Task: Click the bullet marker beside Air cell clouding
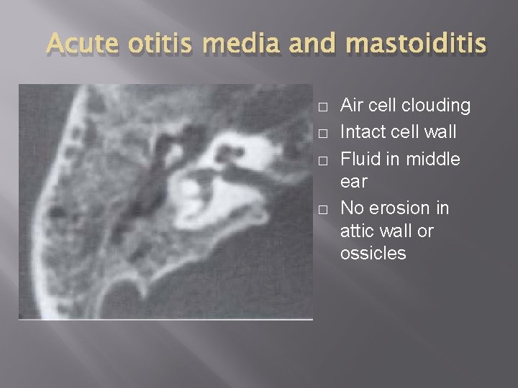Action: [x=324, y=107]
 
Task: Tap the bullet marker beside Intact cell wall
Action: [x=324, y=132]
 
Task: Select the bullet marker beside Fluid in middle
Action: [x=324, y=158]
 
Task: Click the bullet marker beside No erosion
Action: [x=324, y=209]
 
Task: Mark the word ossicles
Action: [x=373, y=254]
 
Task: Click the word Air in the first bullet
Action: [x=353, y=106]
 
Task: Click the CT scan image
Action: [x=165, y=201]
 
